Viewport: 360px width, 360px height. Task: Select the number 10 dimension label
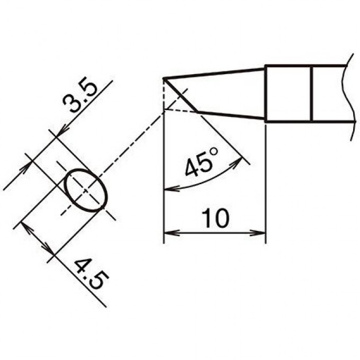click(215, 218)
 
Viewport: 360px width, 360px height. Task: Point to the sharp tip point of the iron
click(164, 79)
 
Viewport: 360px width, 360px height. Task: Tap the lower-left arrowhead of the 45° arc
click(171, 189)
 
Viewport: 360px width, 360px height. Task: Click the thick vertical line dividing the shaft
click(311, 94)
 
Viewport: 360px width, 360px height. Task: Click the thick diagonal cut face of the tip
click(181, 95)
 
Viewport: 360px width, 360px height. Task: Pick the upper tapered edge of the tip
click(214, 73)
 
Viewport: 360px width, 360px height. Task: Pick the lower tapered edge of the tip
click(231, 115)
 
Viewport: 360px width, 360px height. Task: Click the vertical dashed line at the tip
click(164, 95)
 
